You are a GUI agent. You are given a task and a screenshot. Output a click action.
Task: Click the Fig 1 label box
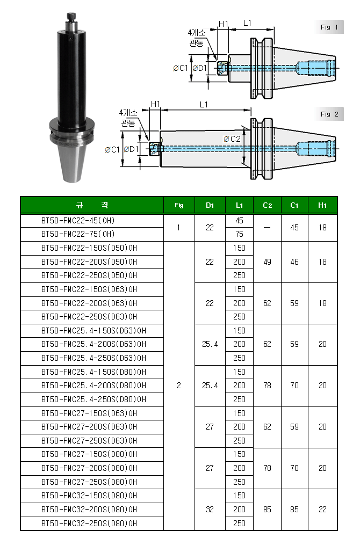(329, 27)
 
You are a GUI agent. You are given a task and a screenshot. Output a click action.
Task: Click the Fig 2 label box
(329, 114)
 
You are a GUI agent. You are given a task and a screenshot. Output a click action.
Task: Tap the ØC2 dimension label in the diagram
(232, 139)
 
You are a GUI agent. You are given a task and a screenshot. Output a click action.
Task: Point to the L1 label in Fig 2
(204, 105)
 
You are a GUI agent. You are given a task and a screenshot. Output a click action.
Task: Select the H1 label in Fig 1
(224, 24)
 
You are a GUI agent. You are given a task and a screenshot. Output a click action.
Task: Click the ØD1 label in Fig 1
(199, 68)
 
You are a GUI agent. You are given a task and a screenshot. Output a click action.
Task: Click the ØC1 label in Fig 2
(112, 150)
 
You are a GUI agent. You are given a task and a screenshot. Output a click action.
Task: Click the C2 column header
(268, 205)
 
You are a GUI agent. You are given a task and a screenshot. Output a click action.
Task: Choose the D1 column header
(210, 205)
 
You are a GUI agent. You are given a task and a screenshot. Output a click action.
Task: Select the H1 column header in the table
(322, 205)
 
